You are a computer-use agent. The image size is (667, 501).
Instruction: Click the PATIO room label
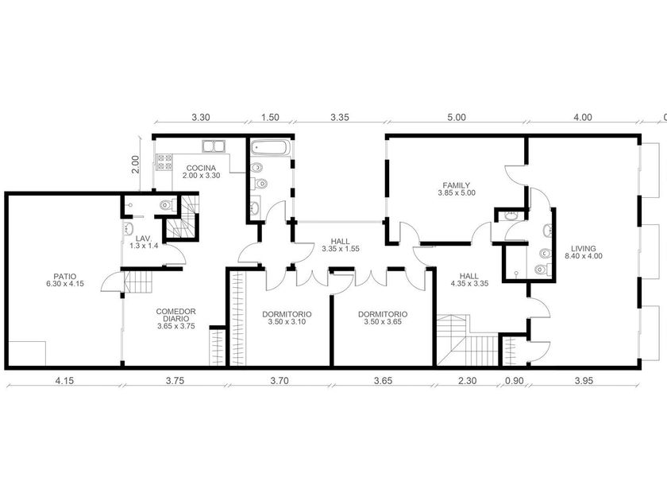pos(65,280)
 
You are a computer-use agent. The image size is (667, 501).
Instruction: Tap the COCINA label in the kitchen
pos(201,172)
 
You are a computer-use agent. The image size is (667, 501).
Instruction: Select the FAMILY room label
pos(457,188)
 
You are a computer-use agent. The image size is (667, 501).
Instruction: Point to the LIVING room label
pos(583,252)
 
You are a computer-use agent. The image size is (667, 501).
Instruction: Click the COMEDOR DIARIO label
pos(176,319)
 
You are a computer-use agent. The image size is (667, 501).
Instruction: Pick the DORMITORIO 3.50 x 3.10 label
pos(287,318)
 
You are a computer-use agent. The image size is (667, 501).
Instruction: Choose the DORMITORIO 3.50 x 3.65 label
pos(383,318)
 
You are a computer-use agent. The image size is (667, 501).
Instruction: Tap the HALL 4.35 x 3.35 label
pos(469,279)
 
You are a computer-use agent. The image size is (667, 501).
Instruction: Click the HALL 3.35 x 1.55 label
pos(341,245)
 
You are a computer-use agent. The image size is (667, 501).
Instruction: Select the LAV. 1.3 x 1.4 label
pos(144,242)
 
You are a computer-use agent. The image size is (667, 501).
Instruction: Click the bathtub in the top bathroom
pos(271,148)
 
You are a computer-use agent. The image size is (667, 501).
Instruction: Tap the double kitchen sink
pos(214,146)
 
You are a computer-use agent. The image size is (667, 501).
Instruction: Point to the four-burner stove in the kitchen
pos(164,162)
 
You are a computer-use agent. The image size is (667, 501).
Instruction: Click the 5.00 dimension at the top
pos(457,117)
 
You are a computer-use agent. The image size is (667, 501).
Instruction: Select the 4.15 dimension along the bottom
pos(64,380)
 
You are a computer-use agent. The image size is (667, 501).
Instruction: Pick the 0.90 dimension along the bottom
pos(514,380)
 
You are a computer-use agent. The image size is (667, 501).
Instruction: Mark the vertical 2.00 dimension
pos(135,164)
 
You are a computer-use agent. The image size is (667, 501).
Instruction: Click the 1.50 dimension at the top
pos(270,117)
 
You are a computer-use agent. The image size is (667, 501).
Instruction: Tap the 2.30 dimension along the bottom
pos(467,380)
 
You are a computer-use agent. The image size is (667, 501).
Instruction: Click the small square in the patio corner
pos(27,354)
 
